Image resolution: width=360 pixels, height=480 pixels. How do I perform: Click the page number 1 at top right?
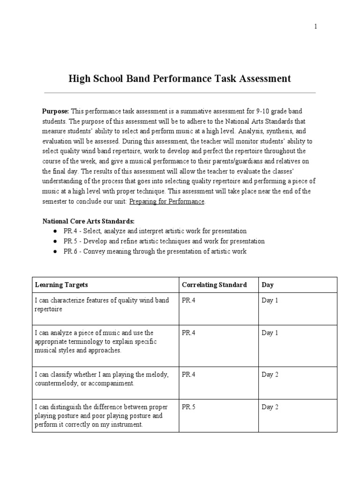click(x=315, y=27)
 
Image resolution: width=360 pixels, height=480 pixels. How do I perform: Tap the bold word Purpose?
click(x=56, y=111)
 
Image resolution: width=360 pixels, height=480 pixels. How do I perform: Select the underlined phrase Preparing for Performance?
click(x=166, y=201)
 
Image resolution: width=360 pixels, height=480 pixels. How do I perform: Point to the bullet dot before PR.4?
click(x=55, y=231)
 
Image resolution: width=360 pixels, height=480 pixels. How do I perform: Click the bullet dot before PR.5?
click(x=55, y=241)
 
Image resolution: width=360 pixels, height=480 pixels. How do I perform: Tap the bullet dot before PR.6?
click(x=55, y=252)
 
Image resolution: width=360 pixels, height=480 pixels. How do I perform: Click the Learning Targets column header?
click(x=61, y=285)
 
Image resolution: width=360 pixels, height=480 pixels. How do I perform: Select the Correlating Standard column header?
click(x=214, y=285)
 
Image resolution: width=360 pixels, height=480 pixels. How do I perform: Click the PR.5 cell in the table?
click(x=188, y=407)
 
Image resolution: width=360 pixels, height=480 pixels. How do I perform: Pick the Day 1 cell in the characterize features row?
click(x=270, y=300)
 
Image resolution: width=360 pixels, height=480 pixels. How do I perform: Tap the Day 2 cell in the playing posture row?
click(x=270, y=407)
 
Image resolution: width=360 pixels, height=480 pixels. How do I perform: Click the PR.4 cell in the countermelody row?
click(x=188, y=375)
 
